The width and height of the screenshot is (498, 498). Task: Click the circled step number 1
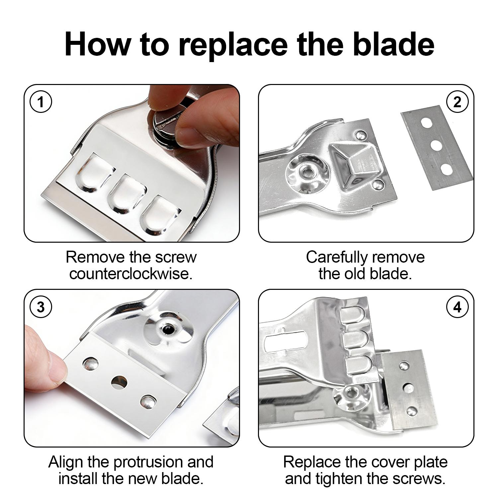(41, 102)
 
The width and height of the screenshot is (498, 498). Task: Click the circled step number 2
(457, 102)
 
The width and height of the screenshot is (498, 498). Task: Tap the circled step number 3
(41, 307)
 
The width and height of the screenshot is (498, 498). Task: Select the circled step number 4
(457, 307)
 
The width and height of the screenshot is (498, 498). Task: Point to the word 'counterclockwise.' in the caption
(131, 274)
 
